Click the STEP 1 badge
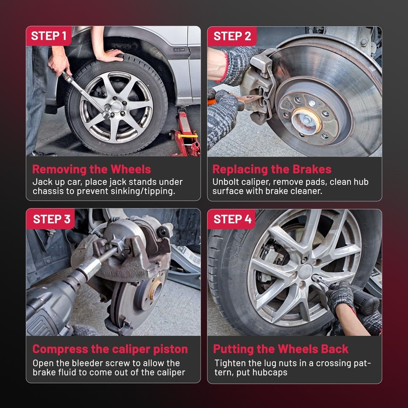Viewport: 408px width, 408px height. (48, 36)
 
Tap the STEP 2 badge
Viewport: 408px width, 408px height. (232, 36)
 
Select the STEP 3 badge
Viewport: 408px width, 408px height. (50, 219)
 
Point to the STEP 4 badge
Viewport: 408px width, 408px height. (232, 219)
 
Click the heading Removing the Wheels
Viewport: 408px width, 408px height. (92, 169)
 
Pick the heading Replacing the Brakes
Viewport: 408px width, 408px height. (272, 169)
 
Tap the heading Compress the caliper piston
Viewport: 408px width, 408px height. (110, 349)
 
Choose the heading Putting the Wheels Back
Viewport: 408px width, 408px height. (280, 349)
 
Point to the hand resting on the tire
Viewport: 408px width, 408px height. (109, 55)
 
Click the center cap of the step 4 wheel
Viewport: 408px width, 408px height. (305, 272)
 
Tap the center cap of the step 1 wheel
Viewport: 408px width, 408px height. (116, 107)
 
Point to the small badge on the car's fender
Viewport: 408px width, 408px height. (180, 49)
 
